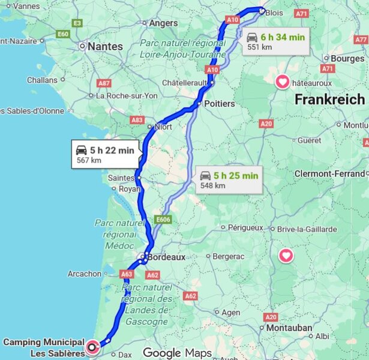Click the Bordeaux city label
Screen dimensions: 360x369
pyautogui.click(x=167, y=257)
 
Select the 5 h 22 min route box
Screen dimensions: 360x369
pyautogui.click(x=105, y=154)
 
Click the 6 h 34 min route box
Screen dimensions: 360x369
pyautogui.click(x=276, y=41)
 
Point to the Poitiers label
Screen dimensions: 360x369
pyautogui.click(x=219, y=103)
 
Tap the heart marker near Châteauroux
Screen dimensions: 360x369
pyautogui.click(x=282, y=82)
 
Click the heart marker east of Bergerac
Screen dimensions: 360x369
pyautogui.click(x=286, y=256)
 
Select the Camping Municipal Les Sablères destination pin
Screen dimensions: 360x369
pyautogui.click(x=92, y=347)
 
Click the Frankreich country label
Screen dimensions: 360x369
pyautogui.click(x=329, y=100)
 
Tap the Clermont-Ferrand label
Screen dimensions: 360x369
pyautogui.click(x=330, y=173)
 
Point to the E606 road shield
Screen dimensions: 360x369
pyautogui.click(x=163, y=220)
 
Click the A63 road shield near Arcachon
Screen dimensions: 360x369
pyautogui.click(x=126, y=274)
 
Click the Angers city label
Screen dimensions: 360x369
pyautogui.click(x=163, y=23)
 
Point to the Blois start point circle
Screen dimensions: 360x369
pyautogui.click(x=262, y=10)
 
